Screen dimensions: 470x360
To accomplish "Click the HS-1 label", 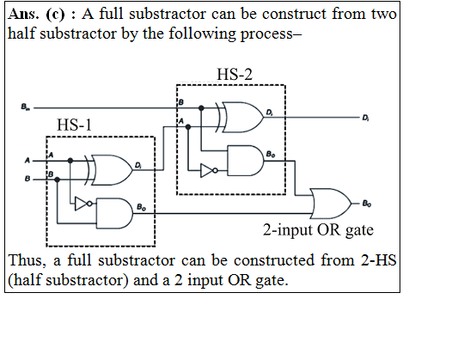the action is point(74,125).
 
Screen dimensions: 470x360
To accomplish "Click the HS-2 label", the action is point(235,74).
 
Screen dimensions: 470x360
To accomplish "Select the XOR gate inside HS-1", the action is point(109,170).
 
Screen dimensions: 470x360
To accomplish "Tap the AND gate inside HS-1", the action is point(114,213).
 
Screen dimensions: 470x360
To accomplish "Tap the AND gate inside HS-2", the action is point(246,161).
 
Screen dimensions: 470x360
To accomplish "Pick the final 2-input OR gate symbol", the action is point(331,204).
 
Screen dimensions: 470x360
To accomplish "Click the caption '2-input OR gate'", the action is point(318,230).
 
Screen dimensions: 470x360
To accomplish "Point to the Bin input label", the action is point(26,107).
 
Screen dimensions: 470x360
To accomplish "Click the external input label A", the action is point(27,161).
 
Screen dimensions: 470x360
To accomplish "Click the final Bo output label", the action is point(367,204).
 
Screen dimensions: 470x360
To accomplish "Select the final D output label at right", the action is point(365,118).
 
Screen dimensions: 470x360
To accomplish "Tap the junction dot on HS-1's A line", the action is point(70,161).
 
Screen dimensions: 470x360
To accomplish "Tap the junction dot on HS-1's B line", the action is point(58,180).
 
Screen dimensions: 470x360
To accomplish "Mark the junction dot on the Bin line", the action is point(201,108).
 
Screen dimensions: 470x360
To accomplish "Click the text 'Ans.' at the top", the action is point(23,14).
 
